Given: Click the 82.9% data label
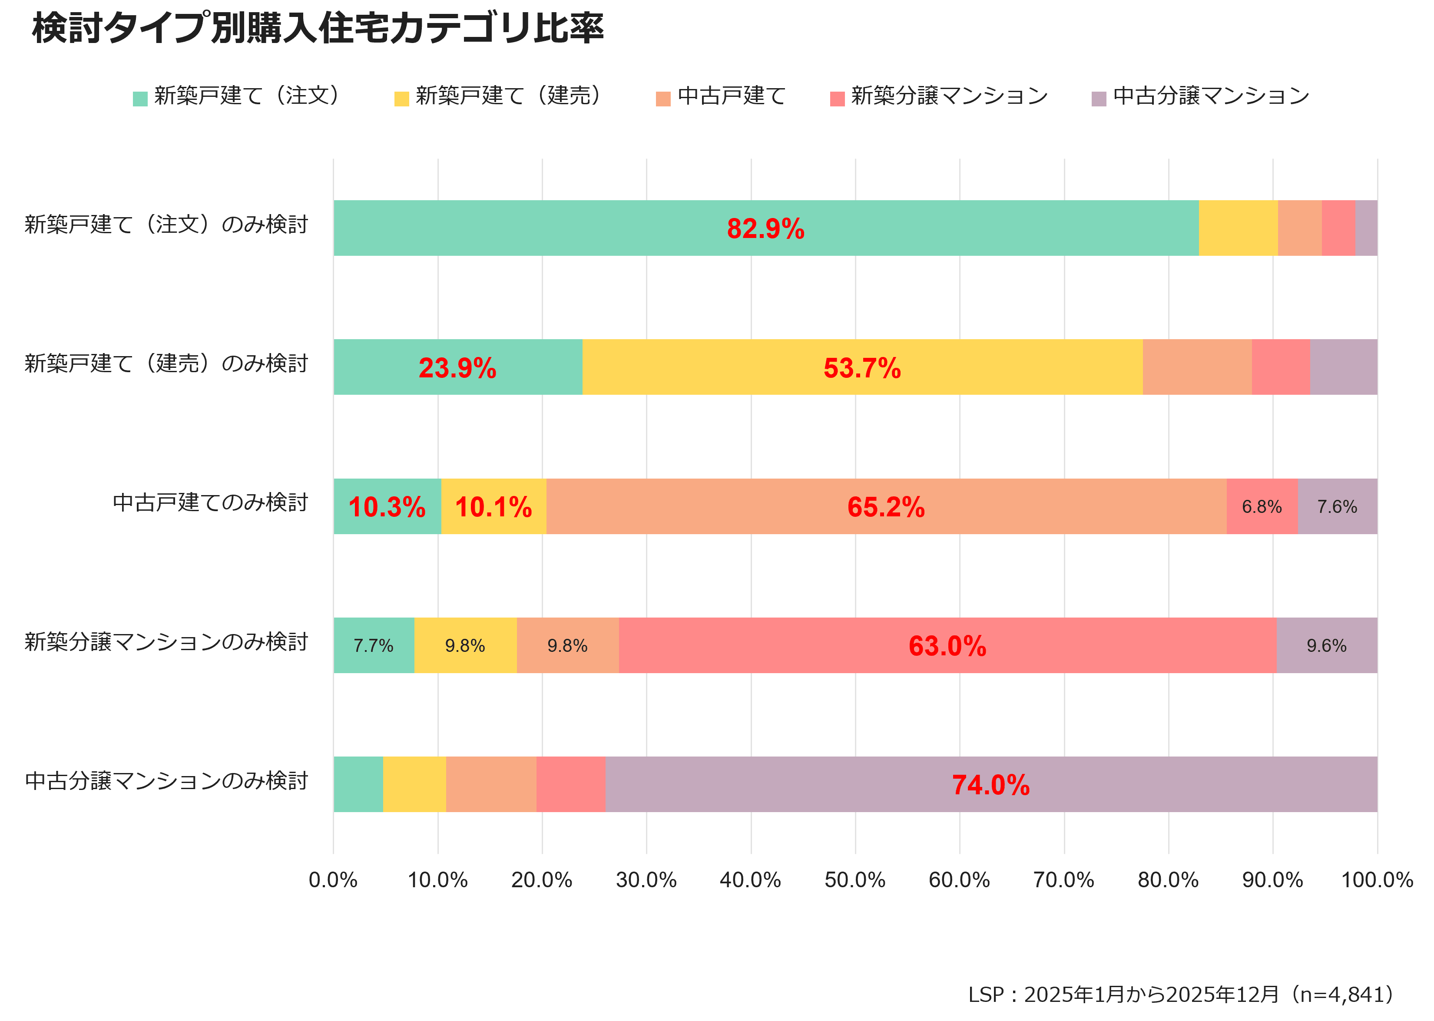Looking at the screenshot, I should [765, 228].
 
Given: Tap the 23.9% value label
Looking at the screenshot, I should [457, 368].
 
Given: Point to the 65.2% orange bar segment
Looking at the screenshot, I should [886, 507].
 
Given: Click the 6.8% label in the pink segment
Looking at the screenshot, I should [1261, 507].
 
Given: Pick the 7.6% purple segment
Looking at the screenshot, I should [1337, 507].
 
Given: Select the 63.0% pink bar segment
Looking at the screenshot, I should [947, 646].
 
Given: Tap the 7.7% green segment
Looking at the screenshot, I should [374, 646].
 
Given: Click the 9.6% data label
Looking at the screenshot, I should [1326, 646].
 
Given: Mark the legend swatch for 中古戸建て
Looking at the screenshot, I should [663, 99].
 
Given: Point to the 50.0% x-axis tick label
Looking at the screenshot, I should [855, 879].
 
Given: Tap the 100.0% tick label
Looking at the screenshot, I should [1377, 879].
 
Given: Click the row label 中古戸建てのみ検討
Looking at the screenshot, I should [210, 503].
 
